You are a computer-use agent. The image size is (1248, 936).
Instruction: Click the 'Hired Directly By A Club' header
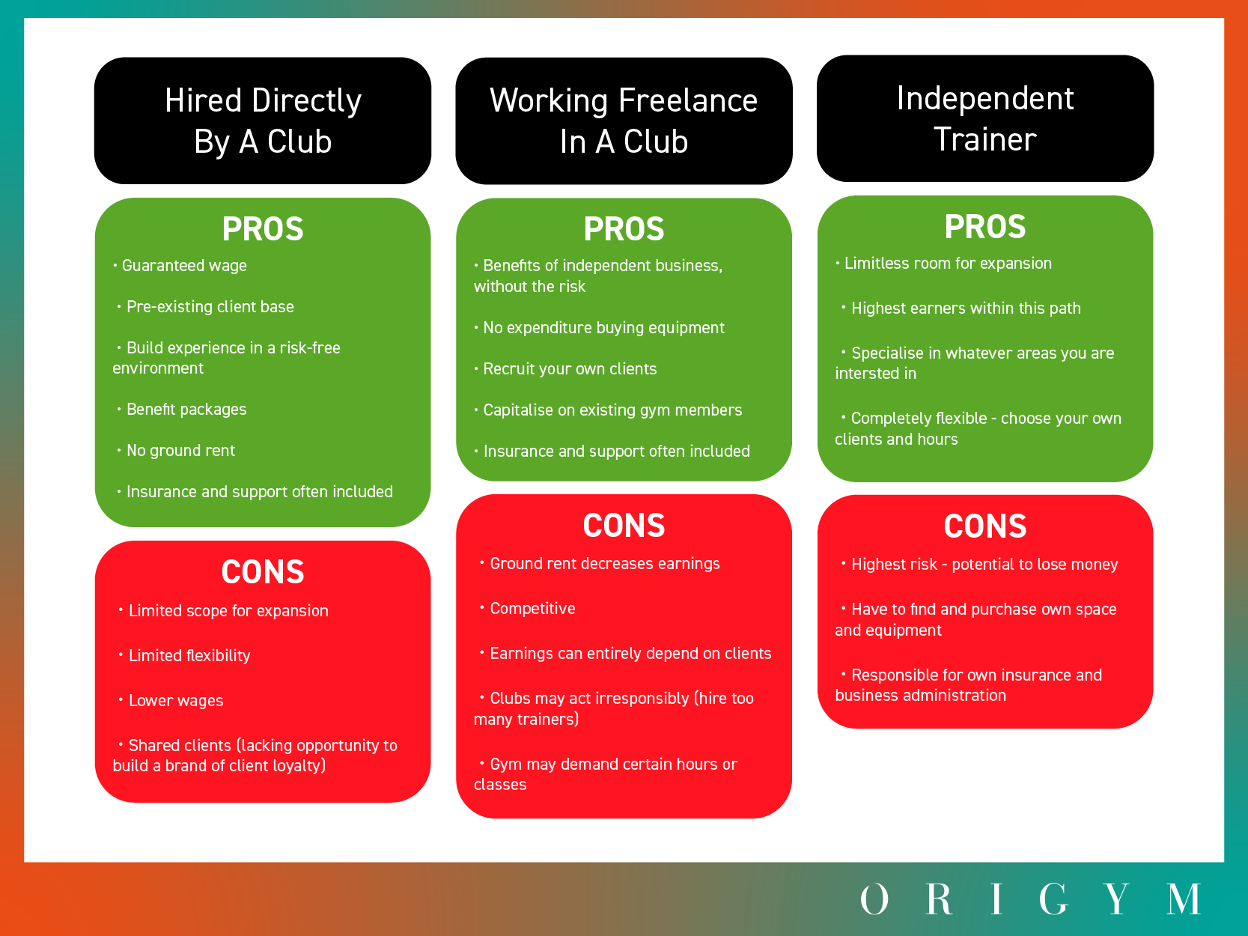263,121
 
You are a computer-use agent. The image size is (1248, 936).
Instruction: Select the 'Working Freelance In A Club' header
624,121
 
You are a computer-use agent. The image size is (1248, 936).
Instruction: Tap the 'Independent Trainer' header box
984,118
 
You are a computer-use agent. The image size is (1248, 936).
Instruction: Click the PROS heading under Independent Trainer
984,227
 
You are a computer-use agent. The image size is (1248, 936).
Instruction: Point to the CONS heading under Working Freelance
624,526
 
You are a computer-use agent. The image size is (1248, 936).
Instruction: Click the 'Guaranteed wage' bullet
184,266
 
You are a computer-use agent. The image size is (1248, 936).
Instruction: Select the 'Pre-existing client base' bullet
210,307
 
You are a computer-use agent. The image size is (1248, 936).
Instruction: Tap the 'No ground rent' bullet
180,451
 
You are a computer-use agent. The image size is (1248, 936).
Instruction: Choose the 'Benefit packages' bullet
186,410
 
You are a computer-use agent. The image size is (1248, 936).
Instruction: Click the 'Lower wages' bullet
176,701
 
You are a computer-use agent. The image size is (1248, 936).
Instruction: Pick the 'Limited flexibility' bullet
189,656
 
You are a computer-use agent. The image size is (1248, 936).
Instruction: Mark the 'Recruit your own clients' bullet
570,369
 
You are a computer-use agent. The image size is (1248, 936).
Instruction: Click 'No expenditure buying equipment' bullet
603,328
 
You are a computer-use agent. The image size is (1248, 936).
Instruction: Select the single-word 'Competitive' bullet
532,609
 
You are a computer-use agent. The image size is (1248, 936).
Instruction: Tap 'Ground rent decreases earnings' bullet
604,564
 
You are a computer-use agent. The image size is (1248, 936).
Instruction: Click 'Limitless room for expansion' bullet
948,264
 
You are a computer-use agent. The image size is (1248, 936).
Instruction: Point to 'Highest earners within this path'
966,309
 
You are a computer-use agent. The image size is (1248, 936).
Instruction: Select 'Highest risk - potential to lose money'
984,565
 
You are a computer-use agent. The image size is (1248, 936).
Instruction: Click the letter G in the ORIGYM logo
1053,899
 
